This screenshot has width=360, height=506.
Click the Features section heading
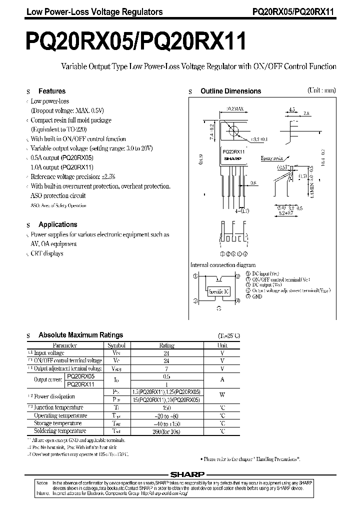(x=52, y=91)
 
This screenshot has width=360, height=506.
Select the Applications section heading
(x=58, y=225)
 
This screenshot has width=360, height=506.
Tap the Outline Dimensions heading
(x=230, y=91)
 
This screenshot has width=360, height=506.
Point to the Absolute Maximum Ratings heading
(x=80, y=335)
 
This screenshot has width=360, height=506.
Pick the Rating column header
(x=166, y=345)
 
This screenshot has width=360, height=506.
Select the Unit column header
(x=222, y=345)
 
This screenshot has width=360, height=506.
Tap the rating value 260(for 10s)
(x=166, y=431)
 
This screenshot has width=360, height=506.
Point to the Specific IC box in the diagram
(x=218, y=290)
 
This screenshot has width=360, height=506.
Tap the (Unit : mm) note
(x=321, y=90)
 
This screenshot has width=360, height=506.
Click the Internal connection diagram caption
(x=223, y=265)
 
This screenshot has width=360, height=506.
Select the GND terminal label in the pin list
(x=257, y=296)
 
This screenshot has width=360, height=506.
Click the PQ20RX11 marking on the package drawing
(x=232, y=151)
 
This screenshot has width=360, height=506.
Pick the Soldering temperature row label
(x=60, y=431)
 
